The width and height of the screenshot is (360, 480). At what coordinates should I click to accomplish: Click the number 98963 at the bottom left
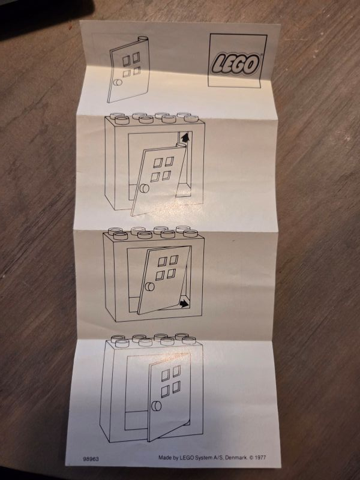coord(91,459)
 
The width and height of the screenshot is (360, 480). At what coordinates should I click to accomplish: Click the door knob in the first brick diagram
coord(144,190)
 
